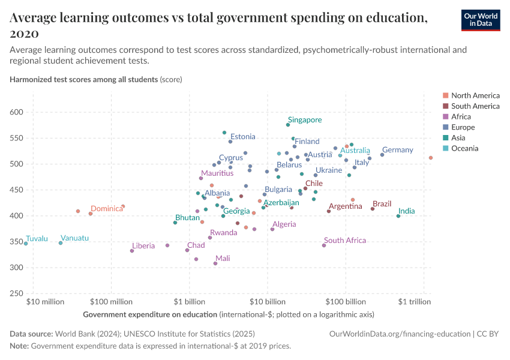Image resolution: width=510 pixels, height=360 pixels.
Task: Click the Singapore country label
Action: coord(304,120)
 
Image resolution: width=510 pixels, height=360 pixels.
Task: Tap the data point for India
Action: coord(398,216)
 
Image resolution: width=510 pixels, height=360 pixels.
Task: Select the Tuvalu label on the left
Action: coord(37,239)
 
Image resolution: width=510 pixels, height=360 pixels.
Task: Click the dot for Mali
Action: coord(215,263)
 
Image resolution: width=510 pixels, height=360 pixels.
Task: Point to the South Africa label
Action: coord(344,241)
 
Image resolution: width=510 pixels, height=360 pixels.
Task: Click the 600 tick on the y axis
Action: coord(16,112)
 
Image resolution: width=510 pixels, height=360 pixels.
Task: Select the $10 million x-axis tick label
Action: coord(45,302)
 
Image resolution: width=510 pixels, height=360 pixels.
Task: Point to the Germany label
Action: coord(397,150)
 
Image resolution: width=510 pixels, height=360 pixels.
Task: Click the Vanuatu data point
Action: coord(61,243)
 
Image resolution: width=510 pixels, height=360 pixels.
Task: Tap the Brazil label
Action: coord(382,205)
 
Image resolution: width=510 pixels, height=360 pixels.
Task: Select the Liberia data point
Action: coord(132,251)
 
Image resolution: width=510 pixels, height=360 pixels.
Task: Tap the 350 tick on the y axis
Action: coord(16,242)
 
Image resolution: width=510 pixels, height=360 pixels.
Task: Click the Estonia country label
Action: coord(242,137)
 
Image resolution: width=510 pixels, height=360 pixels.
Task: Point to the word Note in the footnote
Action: coord(19,346)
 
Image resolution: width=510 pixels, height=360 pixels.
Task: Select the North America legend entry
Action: coord(475,95)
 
